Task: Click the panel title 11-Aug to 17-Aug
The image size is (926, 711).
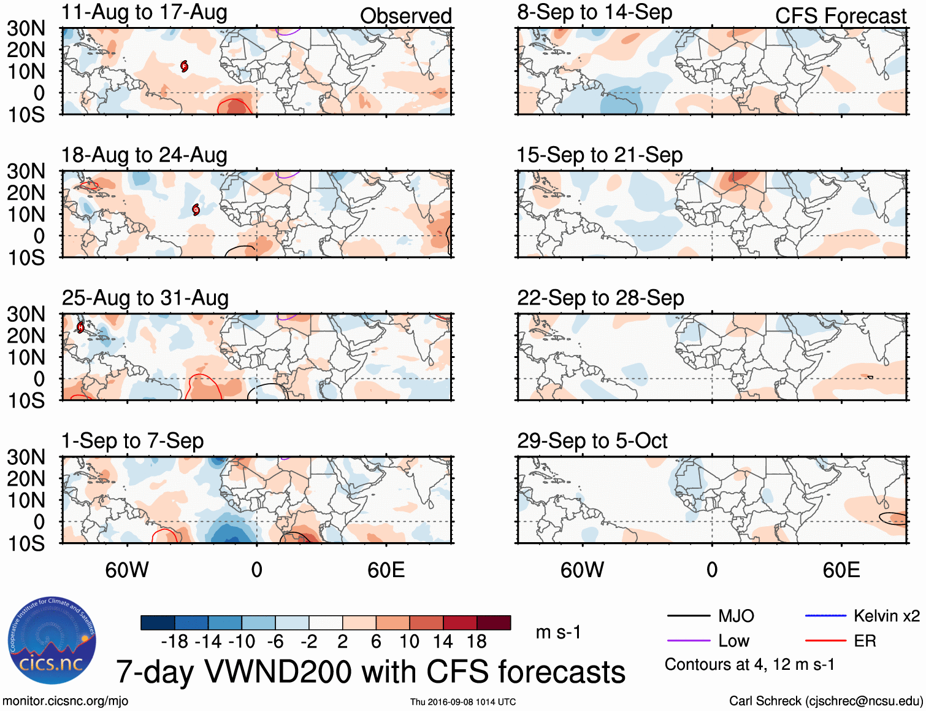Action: pyautogui.click(x=144, y=12)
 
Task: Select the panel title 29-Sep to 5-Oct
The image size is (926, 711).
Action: pyautogui.click(x=592, y=441)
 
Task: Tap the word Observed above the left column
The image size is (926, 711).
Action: pyautogui.click(x=405, y=16)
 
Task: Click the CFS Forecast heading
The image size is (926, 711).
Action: pyautogui.click(x=840, y=16)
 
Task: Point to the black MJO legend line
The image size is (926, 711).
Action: pyautogui.click(x=688, y=616)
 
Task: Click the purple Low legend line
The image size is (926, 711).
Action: pyautogui.click(x=688, y=640)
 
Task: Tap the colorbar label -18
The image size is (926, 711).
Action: pyautogui.click(x=175, y=642)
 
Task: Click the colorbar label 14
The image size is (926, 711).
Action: pyautogui.click(x=443, y=642)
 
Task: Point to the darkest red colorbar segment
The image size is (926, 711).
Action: pyautogui.click(x=494, y=623)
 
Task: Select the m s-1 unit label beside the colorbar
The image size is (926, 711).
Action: pyautogui.click(x=558, y=632)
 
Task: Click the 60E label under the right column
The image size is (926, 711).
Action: pyautogui.click(x=841, y=570)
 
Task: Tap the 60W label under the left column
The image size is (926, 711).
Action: pyautogui.click(x=127, y=570)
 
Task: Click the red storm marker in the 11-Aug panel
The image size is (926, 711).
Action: pyautogui.click(x=184, y=66)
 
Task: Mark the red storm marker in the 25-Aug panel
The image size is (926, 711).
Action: pyautogui.click(x=80, y=327)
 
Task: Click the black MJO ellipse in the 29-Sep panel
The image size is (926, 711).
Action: pyautogui.click(x=893, y=518)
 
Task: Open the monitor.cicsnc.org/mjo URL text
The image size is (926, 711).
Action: pyautogui.click(x=66, y=701)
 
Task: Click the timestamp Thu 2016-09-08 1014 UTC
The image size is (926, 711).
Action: pyautogui.click(x=463, y=702)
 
